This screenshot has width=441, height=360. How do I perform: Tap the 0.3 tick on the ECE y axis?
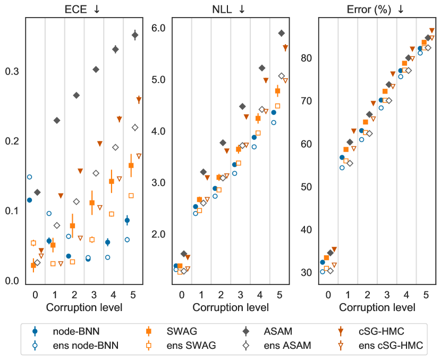tap(12, 72)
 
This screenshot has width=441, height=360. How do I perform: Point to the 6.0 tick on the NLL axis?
tap(160, 28)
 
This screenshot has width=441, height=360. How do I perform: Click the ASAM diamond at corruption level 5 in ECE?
tap(135, 35)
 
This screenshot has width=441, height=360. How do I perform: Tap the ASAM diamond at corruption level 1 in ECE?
tap(57, 120)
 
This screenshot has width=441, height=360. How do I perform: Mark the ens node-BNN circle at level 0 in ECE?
tap(29, 177)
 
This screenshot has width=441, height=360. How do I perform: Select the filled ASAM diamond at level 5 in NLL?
tap(282, 33)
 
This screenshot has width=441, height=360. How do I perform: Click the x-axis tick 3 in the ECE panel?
tap(94, 295)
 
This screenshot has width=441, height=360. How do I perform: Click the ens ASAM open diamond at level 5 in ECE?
tap(135, 127)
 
